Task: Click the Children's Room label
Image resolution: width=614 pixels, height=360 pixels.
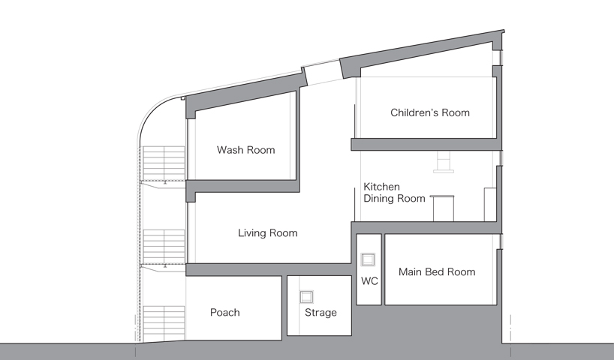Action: tap(430, 112)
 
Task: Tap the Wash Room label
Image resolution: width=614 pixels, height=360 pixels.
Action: tap(246, 150)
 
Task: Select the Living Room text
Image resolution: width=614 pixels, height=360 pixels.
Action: tap(268, 233)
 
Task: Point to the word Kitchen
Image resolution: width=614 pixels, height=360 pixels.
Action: tap(381, 187)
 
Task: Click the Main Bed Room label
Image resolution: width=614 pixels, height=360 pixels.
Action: tap(437, 272)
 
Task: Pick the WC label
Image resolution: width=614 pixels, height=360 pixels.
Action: tap(369, 281)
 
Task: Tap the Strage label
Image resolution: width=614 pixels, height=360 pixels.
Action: tap(321, 312)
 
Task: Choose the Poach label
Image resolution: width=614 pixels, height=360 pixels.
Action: tap(224, 312)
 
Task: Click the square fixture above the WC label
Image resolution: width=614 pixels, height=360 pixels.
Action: tap(368, 259)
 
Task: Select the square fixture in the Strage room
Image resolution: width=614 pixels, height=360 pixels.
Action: tap(306, 296)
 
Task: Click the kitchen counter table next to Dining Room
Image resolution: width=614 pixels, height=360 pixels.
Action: tap(443, 208)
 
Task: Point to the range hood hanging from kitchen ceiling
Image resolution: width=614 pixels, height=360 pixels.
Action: tap(444, 162)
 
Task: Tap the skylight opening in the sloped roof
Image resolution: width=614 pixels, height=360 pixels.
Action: tap(323, 72)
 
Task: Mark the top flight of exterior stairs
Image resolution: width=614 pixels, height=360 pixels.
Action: tap(164, 163)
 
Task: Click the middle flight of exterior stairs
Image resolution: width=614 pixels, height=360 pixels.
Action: tap(164, 247)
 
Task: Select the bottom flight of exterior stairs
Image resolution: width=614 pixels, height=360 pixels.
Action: tap(164, 322)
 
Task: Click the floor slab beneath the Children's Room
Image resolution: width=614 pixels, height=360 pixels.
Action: tap(426, 144)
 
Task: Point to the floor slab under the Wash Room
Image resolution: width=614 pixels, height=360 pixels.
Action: tap(242, 186)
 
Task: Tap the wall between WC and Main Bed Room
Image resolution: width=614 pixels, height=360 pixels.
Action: tap(383, 269)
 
